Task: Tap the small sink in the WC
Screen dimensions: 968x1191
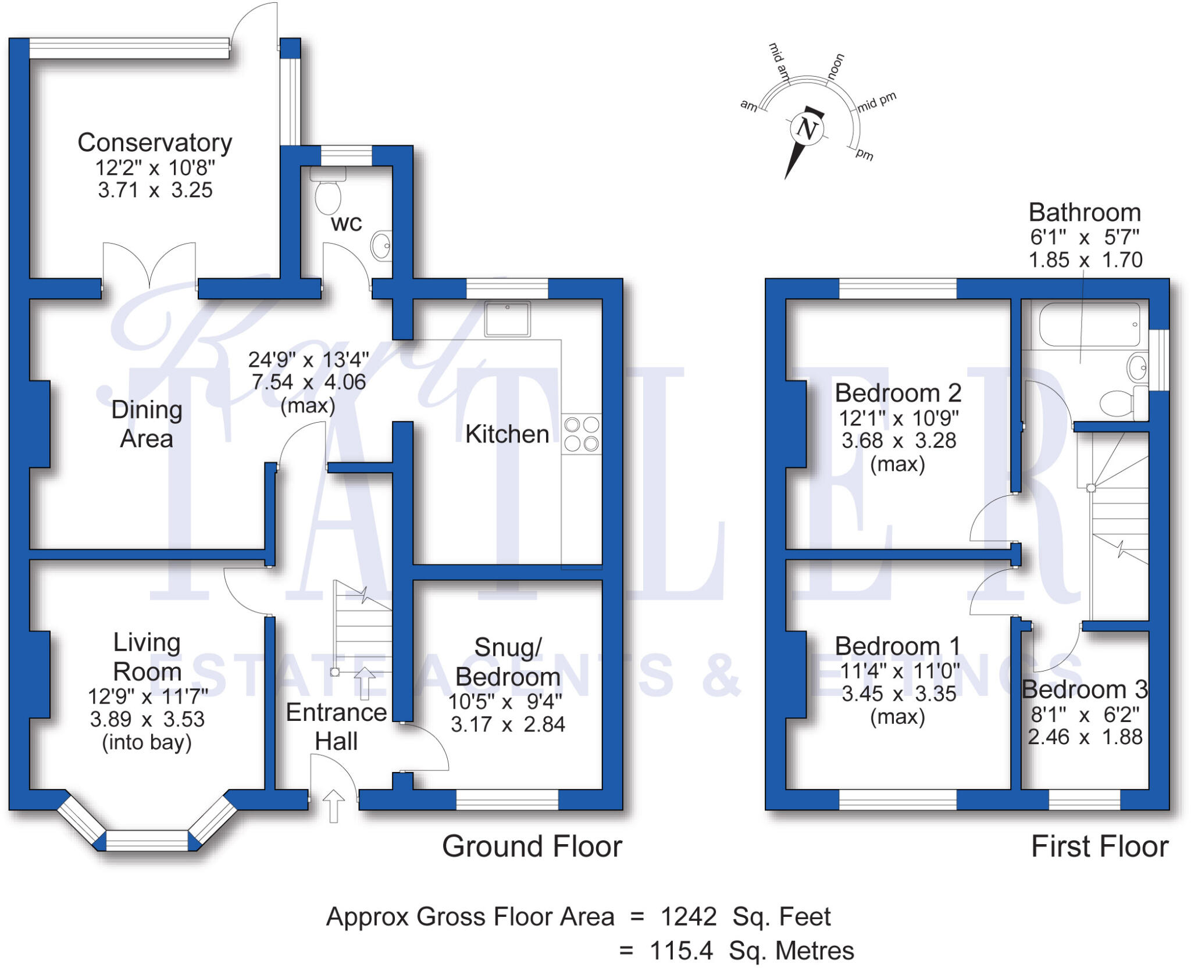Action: click(382, 245)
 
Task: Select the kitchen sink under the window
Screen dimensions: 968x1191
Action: click(507, 319)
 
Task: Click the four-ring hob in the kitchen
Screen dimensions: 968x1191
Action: click(582, 434)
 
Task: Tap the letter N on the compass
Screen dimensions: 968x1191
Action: click(807, 128)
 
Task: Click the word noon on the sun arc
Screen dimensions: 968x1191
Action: click(835, 66)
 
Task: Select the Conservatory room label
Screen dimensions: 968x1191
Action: click(155, 142)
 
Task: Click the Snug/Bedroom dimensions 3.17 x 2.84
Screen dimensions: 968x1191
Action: click(508, 724)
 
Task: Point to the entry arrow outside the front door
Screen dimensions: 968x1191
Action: click(333, 806)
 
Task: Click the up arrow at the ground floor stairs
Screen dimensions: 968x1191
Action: click(365, 683)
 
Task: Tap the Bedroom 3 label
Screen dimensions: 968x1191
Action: click(1085, 690)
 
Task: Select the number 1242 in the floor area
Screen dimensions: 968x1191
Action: click(688, 917)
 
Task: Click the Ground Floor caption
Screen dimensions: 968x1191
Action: click(532, 846)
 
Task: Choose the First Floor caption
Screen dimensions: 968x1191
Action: click(1099, 846)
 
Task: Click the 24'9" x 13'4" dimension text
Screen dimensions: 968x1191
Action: click(308, 360)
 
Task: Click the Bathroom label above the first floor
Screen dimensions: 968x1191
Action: click(1085, 212)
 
